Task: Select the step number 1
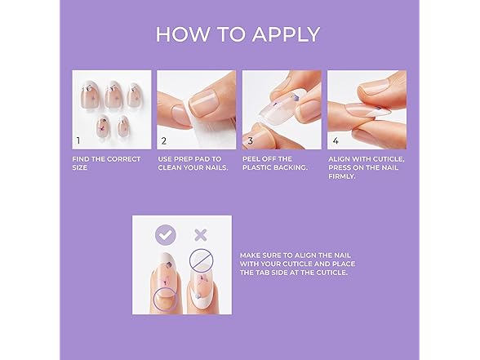pyautogui.click(x=78, y=140)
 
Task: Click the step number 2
pyautogui.click(x=163, y=140)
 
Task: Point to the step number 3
pyautogui.click(x=249, y=140)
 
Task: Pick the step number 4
pyautogui.click(x=335, y=140)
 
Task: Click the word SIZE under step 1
pyautogui.click(x=80, y=169)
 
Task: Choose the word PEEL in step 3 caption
pyautogui.click(x=253, y=159)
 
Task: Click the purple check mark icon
pyautogui.click(x=166, y=235)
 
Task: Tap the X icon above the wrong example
pyautogui.click(x=201, y=235)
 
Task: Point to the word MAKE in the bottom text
pyautogui.click(x=250, y=255)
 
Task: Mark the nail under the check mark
pyautogui.click(x=165, y=282)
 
